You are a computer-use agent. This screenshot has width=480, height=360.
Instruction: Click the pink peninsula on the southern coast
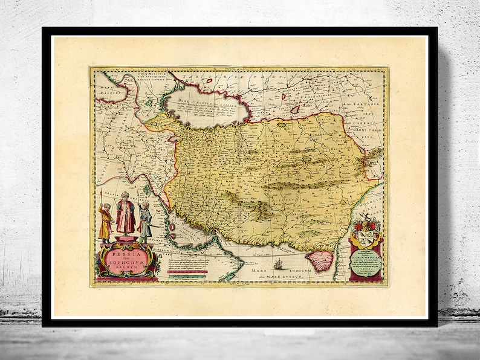click(x=321, y=261)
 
